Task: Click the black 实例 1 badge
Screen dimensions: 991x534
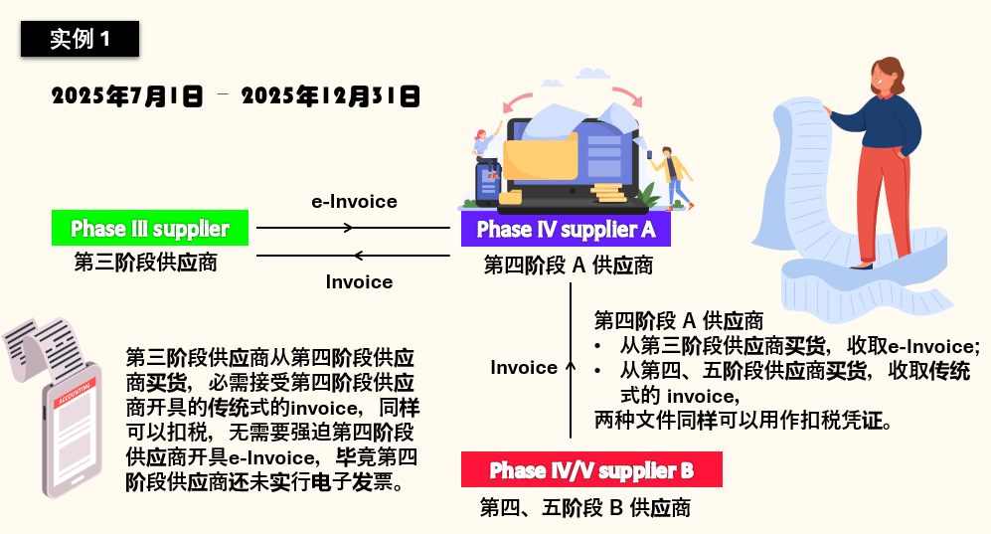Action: [80, 39]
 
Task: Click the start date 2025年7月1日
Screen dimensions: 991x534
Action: [127, 96]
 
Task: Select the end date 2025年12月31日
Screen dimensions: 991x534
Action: [331, 96]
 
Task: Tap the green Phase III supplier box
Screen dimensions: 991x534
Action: [150, 228]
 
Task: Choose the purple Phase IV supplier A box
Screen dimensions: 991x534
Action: [566, 228]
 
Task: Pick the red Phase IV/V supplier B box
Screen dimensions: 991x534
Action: [591, 469]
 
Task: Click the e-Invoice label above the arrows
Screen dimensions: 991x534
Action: [354, 202]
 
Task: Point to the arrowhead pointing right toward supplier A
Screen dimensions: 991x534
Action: [348, 228]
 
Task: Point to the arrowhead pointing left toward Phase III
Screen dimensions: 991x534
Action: [359, 256]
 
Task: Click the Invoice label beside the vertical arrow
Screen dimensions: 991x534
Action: [523, 367]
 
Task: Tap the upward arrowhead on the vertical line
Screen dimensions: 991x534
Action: [571, 366]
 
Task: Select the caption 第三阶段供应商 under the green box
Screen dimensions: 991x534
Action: [145, 262]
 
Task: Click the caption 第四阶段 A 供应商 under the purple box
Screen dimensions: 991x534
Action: [569, 265]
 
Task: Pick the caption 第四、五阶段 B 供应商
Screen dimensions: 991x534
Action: [585, 507]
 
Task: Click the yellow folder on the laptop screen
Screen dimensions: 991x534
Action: [541, 157]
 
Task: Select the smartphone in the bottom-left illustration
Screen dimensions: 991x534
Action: [72, 430]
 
